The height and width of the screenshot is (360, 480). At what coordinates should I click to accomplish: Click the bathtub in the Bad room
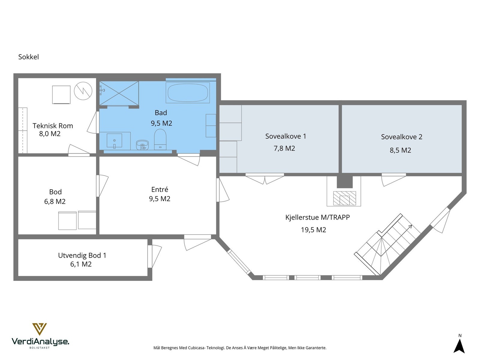(x=187, y=92)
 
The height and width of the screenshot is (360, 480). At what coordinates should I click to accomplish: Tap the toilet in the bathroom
(x=160, y=139)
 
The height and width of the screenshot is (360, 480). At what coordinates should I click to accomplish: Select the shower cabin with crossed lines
(x=119, y=93)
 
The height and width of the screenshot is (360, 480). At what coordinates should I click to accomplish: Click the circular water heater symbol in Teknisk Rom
(x=83, y=91)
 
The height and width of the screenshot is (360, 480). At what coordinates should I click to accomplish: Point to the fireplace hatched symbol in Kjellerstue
(x=344, y=198)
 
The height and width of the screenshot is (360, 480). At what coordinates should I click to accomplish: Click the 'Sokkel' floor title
(x=28, y=57)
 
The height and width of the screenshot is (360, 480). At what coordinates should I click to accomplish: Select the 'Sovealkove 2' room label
(x=401, y=137)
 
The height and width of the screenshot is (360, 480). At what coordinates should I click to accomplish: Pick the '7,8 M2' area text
(x=284, y=148)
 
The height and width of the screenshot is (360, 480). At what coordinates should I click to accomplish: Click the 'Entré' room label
(x=160, y=189)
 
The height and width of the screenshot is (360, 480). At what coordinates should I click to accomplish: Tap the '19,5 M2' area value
(x=313, y=230)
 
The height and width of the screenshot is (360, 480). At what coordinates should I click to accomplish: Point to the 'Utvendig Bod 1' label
(x=82, y=255)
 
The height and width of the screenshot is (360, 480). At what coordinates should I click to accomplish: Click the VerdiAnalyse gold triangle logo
(x=40, y=329)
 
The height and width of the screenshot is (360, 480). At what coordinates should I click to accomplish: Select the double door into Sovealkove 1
(x=265, y=178)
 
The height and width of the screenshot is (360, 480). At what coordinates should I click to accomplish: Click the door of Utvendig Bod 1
(x=154, y=256)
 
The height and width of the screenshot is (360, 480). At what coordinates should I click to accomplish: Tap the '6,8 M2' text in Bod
(x=55, y=201)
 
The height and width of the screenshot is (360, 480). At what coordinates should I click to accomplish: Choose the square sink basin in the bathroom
(x=114, y=140)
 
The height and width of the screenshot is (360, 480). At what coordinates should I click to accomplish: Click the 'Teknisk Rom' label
(x=53, y=126)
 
